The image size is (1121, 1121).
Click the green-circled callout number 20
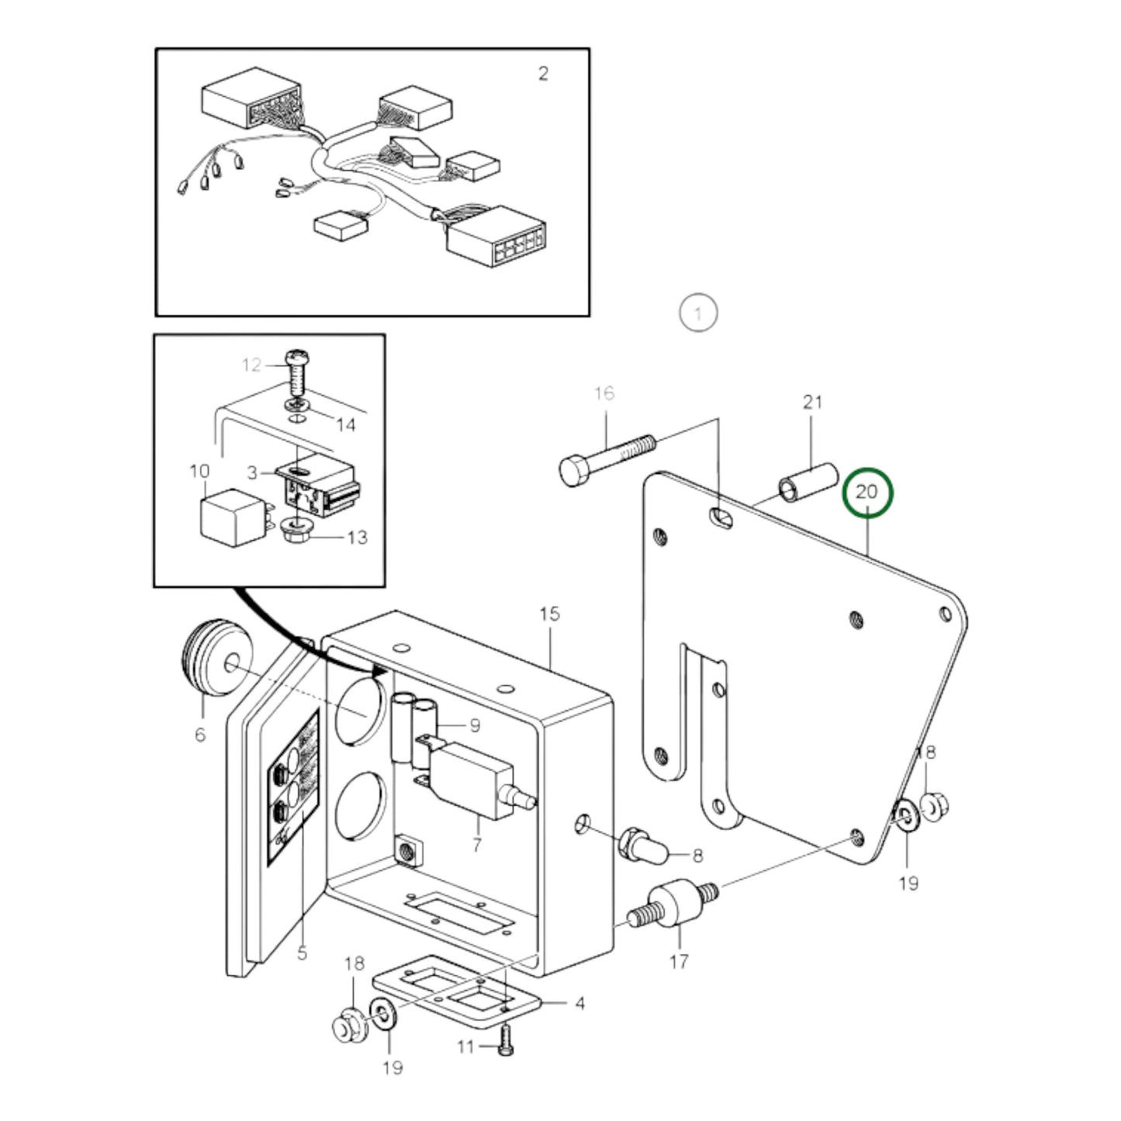tap(867, 492)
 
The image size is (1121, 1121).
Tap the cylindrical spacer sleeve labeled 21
tap(808, 484)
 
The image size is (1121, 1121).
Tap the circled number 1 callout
tap(698, 313)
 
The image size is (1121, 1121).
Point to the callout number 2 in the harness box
tap(543, 74)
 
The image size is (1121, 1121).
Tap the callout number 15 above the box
tap(549, 614)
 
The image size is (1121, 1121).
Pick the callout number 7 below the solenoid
tap(476, 844)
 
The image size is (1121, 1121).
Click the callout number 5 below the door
tap(302, 952)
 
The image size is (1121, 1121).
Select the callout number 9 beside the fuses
tap(474, 725)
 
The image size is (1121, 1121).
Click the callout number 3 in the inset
tap(253, 472)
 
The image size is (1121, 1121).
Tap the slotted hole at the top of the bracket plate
tap(721, 517)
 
